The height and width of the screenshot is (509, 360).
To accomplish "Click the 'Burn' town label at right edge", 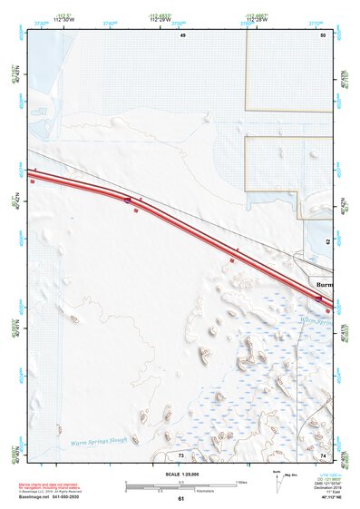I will tap(323, 282).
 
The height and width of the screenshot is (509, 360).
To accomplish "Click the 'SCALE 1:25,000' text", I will tap(181, 472).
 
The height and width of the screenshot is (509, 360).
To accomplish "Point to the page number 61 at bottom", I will tap(181, 499).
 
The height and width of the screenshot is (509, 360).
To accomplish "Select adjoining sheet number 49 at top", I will tap(182, 34).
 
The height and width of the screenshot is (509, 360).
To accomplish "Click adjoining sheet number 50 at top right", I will tap(322, 34).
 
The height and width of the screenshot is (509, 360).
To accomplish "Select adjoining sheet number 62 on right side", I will tap(327, 243).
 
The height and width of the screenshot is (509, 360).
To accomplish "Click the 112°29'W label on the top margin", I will tap(178, 18).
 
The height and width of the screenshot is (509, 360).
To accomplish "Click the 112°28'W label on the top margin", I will tap(256, 18).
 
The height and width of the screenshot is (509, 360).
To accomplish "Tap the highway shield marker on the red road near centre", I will tap(129, 199).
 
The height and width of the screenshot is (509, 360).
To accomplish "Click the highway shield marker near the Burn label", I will tap(318, 298).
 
